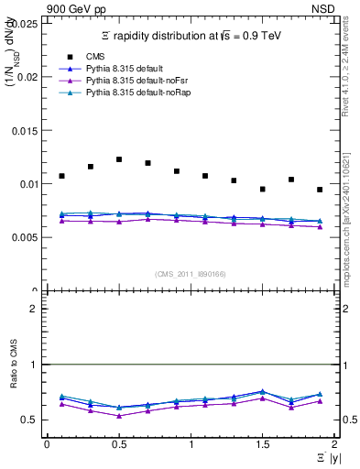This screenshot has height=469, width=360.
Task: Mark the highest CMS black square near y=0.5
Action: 119,159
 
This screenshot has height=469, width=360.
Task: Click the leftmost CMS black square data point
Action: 61,176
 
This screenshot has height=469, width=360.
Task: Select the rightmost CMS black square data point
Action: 320,190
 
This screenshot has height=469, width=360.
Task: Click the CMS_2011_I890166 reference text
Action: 191,274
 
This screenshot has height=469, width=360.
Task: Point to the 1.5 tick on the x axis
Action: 262,443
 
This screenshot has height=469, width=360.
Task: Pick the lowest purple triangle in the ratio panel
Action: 119,416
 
